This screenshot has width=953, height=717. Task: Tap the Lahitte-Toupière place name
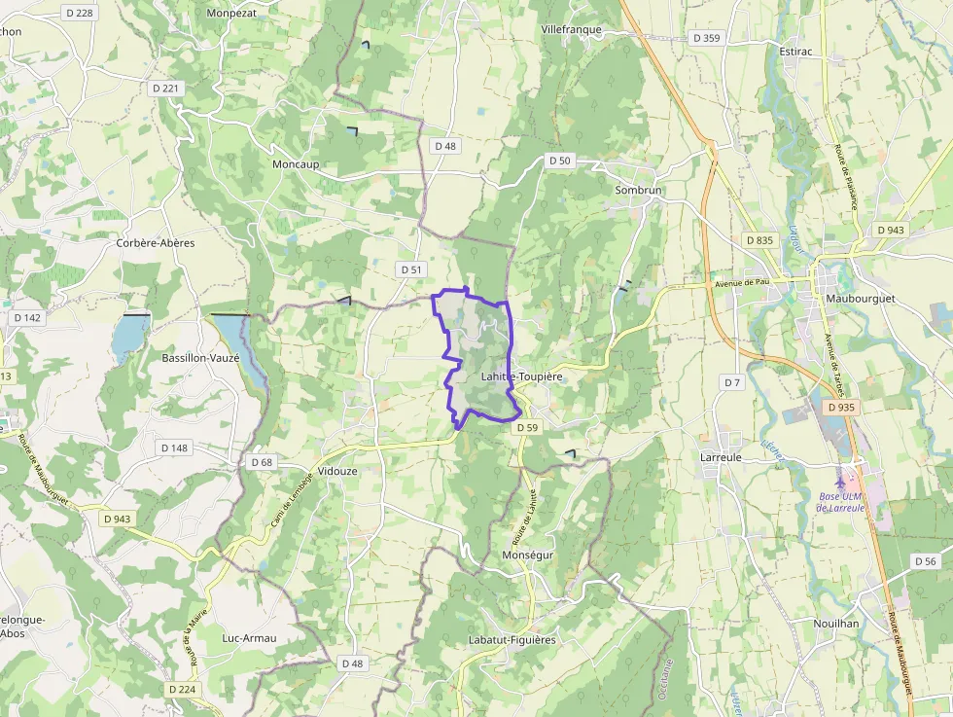(x=522, y=375)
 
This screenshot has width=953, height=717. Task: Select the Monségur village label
(x=527, y=554)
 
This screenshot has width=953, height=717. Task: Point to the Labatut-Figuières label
(x=512, y=639)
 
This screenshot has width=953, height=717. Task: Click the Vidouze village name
(x=338, y=470)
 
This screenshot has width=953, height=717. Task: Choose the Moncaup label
(x=296, y=164)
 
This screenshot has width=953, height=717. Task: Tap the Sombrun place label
(x=638, y=190)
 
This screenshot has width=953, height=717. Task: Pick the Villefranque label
(x=572, y=30)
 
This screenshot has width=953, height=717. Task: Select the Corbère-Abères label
(x=156, y=242)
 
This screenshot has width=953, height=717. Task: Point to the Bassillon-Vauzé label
(x=203, y=358)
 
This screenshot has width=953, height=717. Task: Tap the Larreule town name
(x=722, y=455)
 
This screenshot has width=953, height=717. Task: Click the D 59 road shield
(x=527, y=427)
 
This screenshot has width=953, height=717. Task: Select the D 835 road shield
(x=759, y=239)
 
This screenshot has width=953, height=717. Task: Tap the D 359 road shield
(x=707, y=38)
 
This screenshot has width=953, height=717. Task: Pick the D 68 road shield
(x=262, y=462)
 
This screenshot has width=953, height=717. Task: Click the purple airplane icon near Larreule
(x=840, y=483)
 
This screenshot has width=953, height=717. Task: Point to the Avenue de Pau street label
(x=742, y=284)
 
